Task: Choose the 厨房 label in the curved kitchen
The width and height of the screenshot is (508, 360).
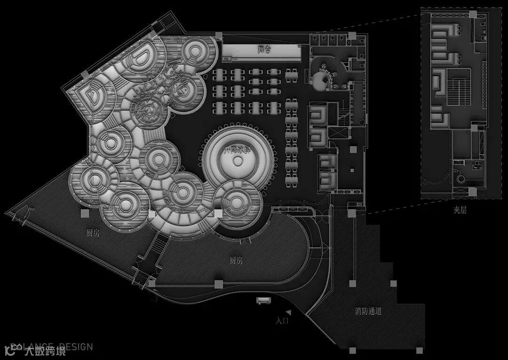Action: click(x=236, y=260)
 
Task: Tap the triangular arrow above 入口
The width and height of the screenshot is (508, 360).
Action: click(x=288, y=312)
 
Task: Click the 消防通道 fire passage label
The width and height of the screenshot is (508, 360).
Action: click(x=368, y=311)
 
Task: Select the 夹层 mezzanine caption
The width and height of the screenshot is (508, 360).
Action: click(x=460, y=211)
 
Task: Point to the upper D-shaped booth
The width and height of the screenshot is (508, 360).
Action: click(x=140, y=56)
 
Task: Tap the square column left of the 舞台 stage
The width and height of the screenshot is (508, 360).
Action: click(x=218, y=35)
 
